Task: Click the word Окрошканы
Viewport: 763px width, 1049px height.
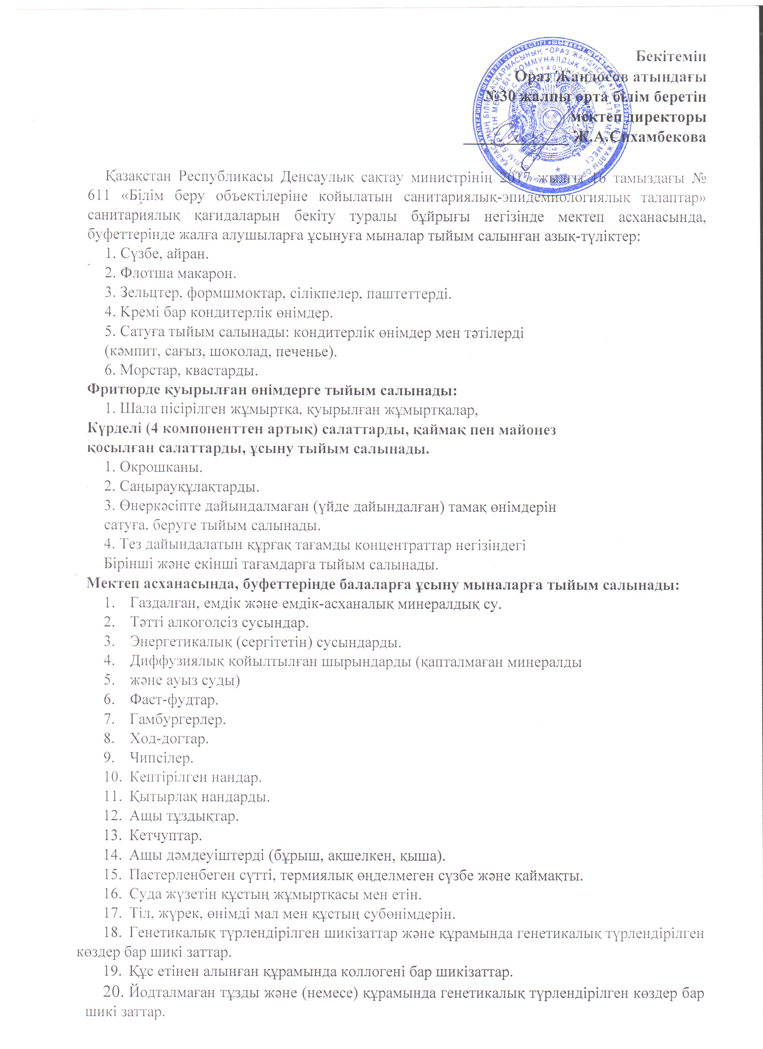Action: point(161,467)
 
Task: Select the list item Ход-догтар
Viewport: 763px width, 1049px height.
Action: point(169,739)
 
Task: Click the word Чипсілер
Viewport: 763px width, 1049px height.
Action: point(162,758)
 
